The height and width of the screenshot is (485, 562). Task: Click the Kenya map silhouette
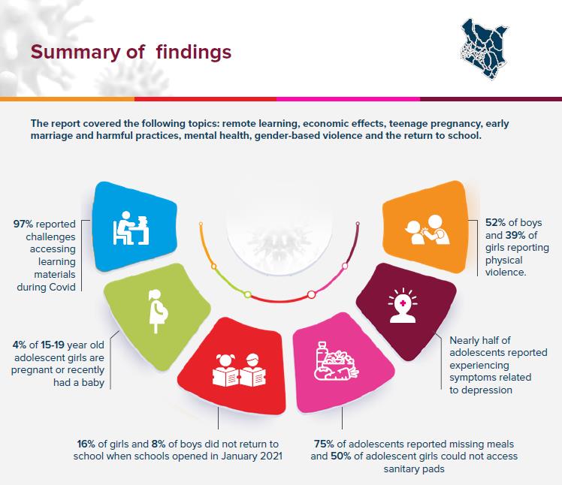pos(484,49)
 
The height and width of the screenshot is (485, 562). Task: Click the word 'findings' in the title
pos(194,53)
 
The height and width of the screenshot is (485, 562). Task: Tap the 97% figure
pos(23,224)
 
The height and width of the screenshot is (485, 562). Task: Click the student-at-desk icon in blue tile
pos(131,228)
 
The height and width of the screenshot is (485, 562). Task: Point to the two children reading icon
pos(239,370)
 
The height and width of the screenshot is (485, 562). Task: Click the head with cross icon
pos(403,306)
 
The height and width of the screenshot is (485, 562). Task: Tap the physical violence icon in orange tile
pos(428,230)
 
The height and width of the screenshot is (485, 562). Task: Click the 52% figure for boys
pos(495,223)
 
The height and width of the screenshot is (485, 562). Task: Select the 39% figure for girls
pos(515,235)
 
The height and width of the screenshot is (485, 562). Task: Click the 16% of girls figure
pos(86,444)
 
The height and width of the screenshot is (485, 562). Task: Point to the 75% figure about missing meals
pos(324,444)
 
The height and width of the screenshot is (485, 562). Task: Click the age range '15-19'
pos(53,345)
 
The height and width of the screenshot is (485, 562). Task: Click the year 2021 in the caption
pos(270,456)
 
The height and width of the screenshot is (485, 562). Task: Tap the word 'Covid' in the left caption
pos(62,288)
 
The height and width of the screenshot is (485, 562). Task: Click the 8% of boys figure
pos(159,444)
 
